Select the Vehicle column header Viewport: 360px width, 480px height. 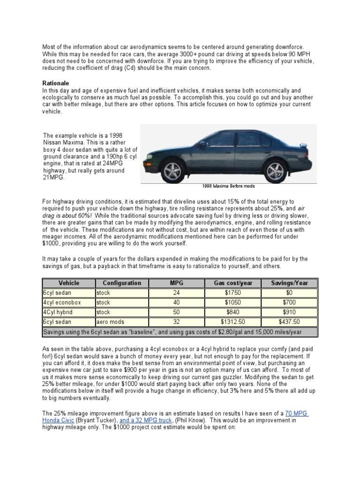coord(68,283)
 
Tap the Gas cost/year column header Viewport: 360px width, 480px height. coord(233,283)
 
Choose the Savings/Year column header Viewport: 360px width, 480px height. coord(290,283)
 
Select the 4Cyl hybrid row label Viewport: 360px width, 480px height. coord(58,312)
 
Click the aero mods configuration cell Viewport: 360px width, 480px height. coord(109,322)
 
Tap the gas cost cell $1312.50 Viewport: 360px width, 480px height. coord(233,322)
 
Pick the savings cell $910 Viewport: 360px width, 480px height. coord(290,312)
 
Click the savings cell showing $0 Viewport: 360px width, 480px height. coord(290,293)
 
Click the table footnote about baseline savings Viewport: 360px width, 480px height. coord(172,332)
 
